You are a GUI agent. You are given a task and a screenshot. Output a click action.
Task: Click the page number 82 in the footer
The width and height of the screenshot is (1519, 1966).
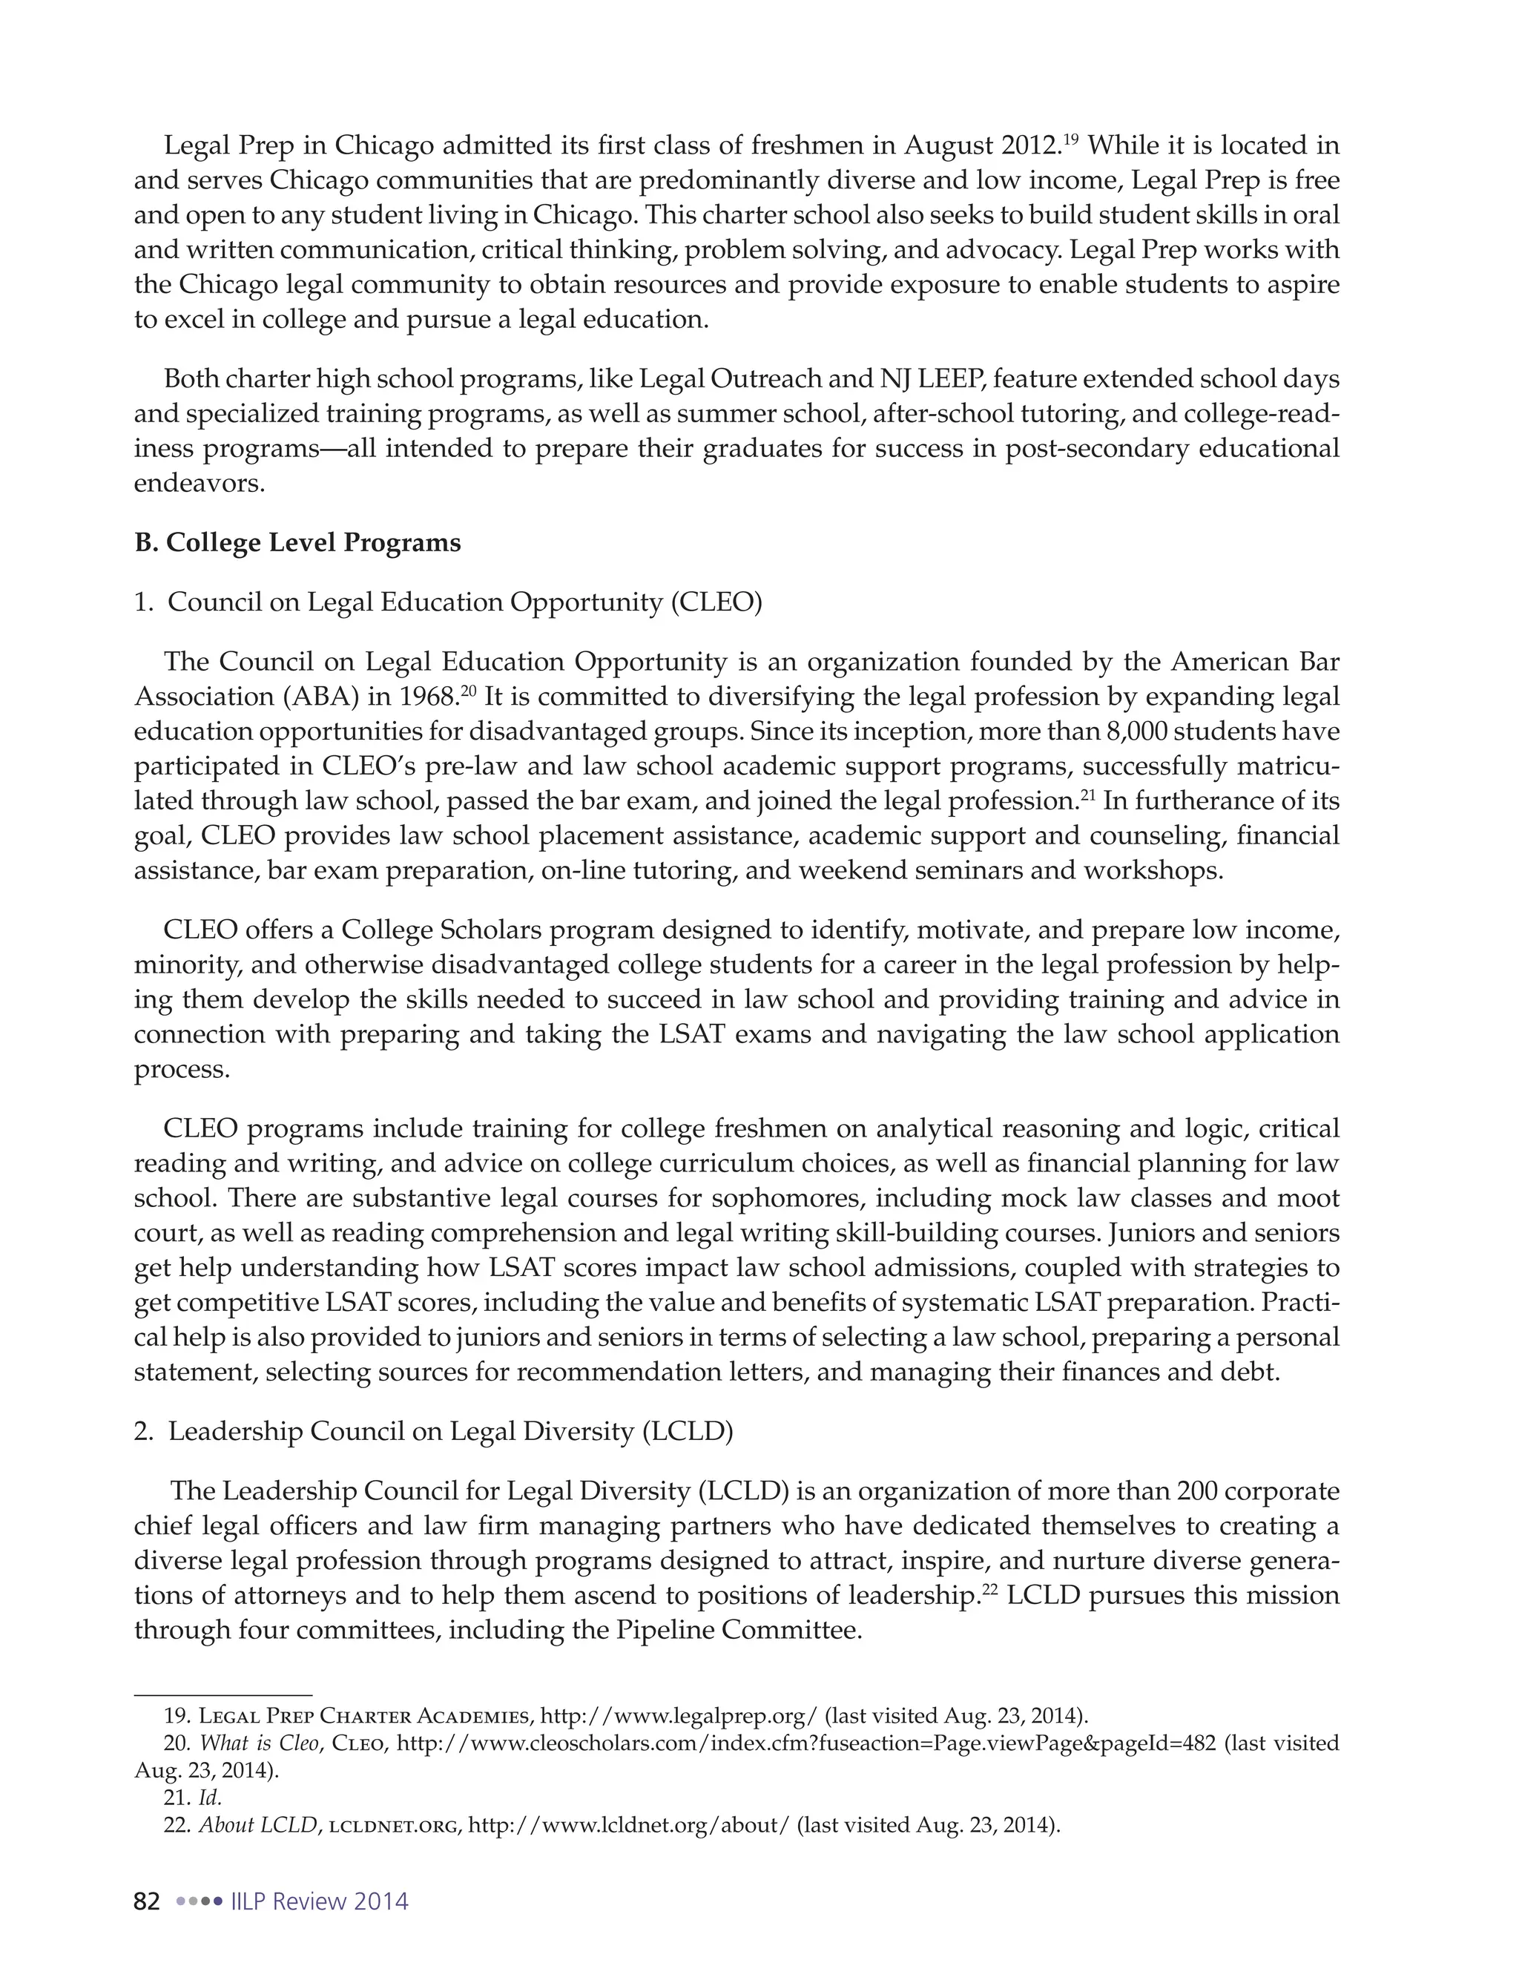(147, 1901)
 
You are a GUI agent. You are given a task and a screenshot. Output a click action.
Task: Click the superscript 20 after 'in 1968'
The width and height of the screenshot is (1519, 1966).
(468, 691)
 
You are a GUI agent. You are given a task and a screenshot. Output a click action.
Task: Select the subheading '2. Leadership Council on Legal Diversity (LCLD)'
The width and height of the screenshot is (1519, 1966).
(433, 1431)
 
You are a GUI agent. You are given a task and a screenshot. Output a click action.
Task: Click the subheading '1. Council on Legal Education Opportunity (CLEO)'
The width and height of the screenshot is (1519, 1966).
(447, 602)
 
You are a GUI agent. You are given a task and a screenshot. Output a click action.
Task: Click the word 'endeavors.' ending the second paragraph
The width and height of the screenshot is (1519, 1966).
(200, 484)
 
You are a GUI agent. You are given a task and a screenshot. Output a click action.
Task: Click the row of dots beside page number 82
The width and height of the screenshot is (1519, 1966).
(199, 1901)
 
